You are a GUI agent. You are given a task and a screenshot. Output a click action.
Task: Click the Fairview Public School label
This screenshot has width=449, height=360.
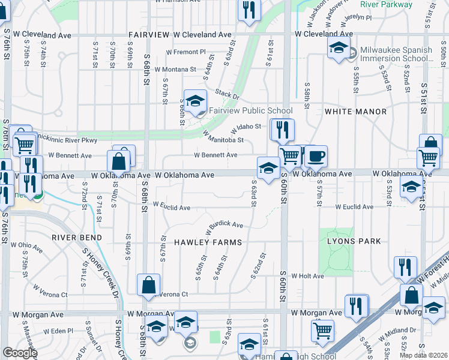250,110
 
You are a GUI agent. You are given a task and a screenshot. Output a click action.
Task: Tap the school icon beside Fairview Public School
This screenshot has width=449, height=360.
195,102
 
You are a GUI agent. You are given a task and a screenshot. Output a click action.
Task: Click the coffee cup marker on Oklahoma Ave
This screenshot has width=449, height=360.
316,157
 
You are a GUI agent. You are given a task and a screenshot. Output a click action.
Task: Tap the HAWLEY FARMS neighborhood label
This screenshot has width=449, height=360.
208,242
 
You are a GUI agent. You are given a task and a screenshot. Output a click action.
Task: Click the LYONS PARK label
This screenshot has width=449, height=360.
354,241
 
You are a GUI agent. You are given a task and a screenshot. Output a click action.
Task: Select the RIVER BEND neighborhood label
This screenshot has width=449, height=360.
76,238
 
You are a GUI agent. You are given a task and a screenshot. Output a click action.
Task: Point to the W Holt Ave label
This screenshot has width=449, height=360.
307,276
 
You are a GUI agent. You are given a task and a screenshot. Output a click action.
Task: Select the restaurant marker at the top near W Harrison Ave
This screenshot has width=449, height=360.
248,10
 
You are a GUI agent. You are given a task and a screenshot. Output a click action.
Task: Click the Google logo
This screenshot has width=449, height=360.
20,353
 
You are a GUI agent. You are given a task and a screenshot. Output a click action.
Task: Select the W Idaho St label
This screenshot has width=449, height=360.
246,127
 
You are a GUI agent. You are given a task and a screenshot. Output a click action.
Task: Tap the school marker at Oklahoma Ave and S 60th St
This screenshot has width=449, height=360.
268,167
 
